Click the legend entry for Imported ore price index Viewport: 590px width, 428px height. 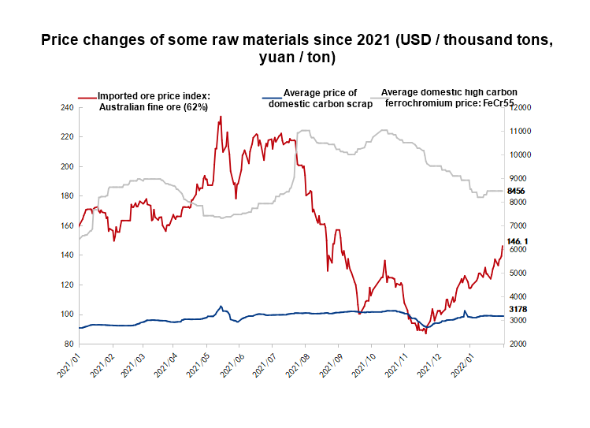tap(154, 102)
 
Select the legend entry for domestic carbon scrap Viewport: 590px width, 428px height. tap(320, 99)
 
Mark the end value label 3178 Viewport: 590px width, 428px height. tap(517, 309)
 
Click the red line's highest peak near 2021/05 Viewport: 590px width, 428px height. tap(221, 117)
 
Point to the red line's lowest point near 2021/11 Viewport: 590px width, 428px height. tap(426, 333)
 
